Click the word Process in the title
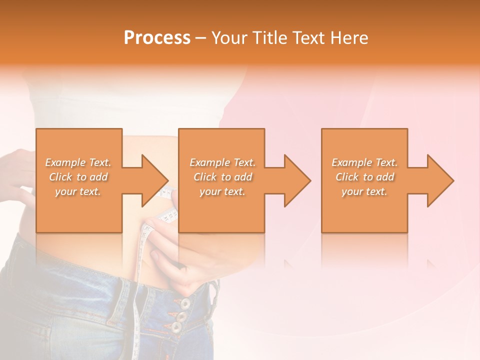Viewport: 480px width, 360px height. tap(157, 38)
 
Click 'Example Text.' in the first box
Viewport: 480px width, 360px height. tap(78, 162)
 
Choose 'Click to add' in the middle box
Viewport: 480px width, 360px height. tap(222, 177)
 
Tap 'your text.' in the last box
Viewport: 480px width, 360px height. tap(364, 191)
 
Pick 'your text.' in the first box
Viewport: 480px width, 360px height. tap(78, 191)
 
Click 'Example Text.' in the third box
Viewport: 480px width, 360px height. tap(364, 162)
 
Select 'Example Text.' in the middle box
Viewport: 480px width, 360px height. tap(222, 162)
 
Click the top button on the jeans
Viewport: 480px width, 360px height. tap(185, 303)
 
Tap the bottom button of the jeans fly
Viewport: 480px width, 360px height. tap(176, 328)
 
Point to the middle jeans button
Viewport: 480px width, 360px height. tap(180, 316)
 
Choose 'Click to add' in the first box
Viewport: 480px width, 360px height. tap(78, 177)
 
